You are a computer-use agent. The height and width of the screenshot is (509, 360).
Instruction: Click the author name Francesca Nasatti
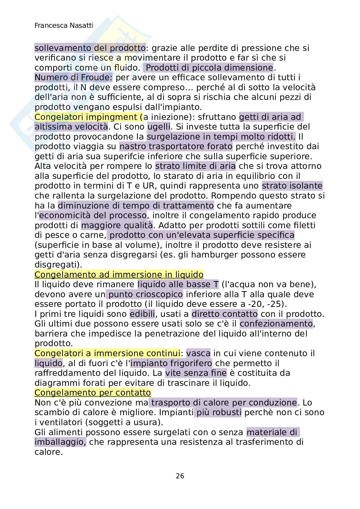[64, 26]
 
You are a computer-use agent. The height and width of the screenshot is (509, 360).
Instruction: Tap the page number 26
[180, 476]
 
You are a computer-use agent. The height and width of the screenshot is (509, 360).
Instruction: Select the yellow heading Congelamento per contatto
[93, 393]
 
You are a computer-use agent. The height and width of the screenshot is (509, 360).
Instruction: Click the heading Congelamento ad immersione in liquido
[119, 275]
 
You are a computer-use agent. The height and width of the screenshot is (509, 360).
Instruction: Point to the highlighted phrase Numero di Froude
[74, 78]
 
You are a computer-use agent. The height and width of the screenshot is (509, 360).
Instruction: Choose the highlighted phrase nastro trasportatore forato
[176, 147]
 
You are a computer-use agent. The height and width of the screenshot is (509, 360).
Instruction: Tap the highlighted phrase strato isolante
[292, 186]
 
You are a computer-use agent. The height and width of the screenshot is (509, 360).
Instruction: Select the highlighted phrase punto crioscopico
[145, 294]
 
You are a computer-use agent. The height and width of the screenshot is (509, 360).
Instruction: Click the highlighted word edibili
[142, 314]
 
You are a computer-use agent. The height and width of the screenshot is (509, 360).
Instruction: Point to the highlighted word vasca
[198, 353]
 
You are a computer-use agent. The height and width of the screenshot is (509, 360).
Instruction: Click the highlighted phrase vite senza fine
[196, 373]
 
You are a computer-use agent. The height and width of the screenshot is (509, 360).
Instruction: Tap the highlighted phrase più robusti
[218, 412]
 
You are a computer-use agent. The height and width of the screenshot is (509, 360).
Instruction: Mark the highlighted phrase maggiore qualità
[117, 225]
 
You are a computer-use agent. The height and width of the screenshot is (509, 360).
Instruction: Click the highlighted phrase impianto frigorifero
[171, 363]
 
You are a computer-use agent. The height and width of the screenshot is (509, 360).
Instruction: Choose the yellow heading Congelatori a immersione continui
[107, 353]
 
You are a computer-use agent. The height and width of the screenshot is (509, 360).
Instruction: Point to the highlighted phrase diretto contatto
[225, 314]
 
